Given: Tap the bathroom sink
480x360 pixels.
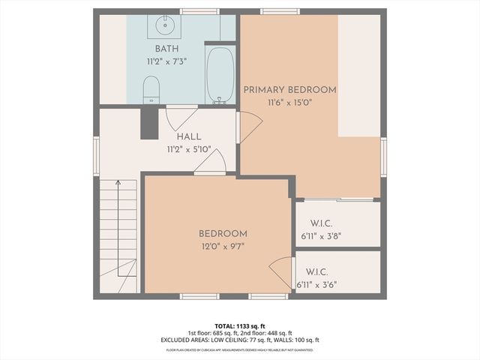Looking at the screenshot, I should pos(163,26).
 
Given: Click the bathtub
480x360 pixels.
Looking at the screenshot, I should pos(220,75).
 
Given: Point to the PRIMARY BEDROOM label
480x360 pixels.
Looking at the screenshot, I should pos(289,90).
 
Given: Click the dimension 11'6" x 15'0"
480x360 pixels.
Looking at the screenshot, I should pos(289,102).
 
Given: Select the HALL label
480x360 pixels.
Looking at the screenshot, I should pos(188,137).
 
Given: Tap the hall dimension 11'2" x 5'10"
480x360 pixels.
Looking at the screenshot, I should pos(188,149).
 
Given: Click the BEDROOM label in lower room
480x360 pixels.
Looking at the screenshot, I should pos(223,234).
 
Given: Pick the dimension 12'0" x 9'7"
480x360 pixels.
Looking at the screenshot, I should pos(223,246).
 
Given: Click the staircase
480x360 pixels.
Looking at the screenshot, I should pos(118,232).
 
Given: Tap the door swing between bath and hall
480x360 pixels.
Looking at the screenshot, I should pos(181,118).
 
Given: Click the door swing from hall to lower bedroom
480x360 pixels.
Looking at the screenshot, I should pos(212,162).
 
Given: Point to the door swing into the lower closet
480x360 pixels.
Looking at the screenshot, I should pos(282,270).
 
